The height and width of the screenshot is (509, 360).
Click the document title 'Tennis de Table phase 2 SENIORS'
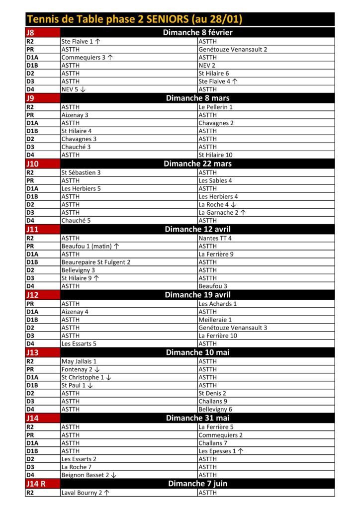click(x=135, y=20)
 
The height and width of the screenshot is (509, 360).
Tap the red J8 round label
click(x=31, y=33)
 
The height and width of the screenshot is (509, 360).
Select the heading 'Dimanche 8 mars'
click(x=197, y=98)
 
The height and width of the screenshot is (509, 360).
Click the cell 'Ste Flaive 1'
click(x=77, y=42)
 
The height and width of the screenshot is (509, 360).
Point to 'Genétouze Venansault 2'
click(x=233, y=50)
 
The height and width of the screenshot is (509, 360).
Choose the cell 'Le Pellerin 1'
click(x=215, y=107)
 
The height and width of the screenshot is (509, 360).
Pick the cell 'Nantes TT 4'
click(x=215, y=238)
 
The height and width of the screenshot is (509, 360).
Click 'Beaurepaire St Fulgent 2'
click(x=96, y=262)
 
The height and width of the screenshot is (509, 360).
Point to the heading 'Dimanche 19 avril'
click(x=197, y=295)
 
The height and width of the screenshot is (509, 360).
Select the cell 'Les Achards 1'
click(x=217, y=304)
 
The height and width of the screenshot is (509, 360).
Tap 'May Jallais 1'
click(x=79, y=361)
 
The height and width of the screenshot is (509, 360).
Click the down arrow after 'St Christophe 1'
click(x=109, y=377)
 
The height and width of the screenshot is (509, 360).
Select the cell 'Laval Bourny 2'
click(x=82, y=493)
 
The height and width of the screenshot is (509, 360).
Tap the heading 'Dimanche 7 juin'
click(x=197, y=484)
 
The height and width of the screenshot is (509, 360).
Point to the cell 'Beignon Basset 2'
click(x=85, y=475)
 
